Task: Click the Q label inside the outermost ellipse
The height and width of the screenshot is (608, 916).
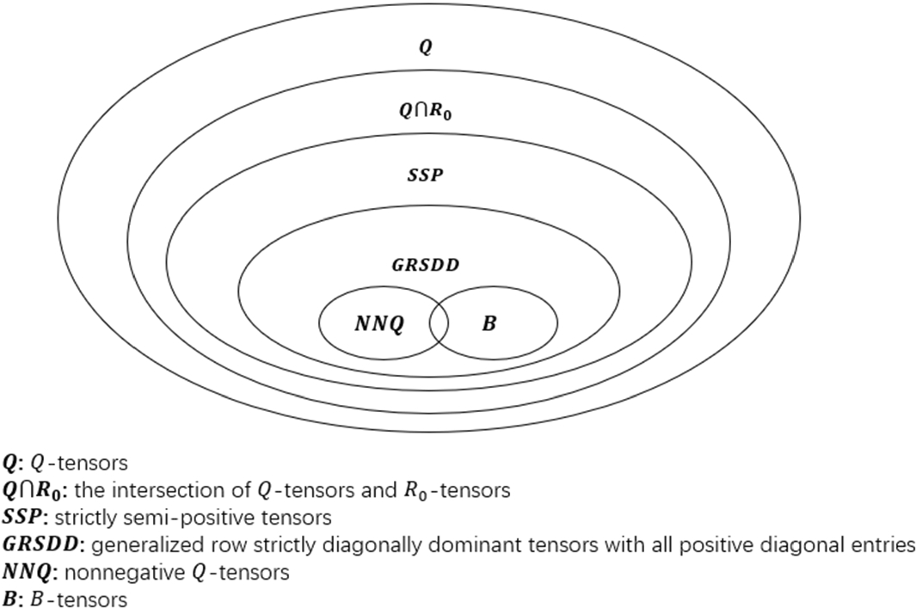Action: tap(425, 49)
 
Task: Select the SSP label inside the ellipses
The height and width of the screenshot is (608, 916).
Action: tap(425, 175)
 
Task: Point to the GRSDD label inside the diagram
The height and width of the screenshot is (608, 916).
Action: tap(425, 266)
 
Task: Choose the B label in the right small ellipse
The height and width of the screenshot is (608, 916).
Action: tap(489, 324)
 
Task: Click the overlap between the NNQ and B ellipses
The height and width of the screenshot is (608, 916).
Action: tap(439, 322)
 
